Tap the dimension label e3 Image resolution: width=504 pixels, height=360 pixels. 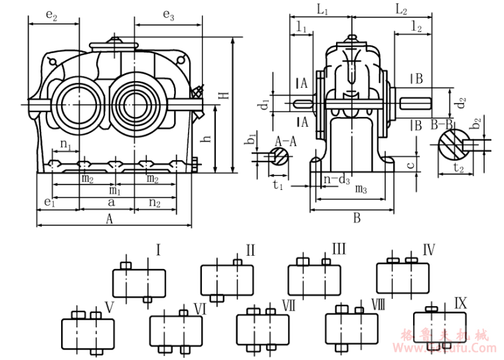168,15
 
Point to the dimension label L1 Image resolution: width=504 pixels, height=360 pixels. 322,9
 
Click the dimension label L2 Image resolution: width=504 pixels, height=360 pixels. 401,9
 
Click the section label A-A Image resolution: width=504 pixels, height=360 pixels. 286,140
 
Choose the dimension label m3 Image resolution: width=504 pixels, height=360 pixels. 361,190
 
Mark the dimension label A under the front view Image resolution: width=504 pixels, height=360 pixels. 110,218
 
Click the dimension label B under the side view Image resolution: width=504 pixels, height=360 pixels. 357,217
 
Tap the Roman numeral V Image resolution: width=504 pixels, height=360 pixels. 110,307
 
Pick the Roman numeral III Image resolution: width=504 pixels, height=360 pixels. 339,249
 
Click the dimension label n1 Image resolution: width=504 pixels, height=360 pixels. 65,143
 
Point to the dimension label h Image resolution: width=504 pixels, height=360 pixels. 207,139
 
